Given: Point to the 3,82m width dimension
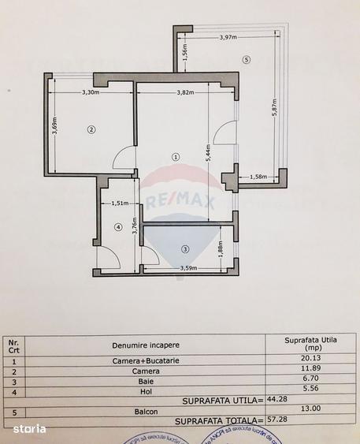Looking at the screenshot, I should (186, 92).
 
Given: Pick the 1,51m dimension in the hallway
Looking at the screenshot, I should (121, 203).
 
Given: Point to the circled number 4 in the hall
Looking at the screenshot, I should (119, 228).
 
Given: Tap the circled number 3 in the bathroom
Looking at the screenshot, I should (185, 250).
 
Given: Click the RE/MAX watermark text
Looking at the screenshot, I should (179, 203).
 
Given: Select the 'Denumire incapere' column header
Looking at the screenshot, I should (146, 345).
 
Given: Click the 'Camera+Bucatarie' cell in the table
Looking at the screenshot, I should (146, 360).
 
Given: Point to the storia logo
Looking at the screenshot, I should (29, 428).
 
